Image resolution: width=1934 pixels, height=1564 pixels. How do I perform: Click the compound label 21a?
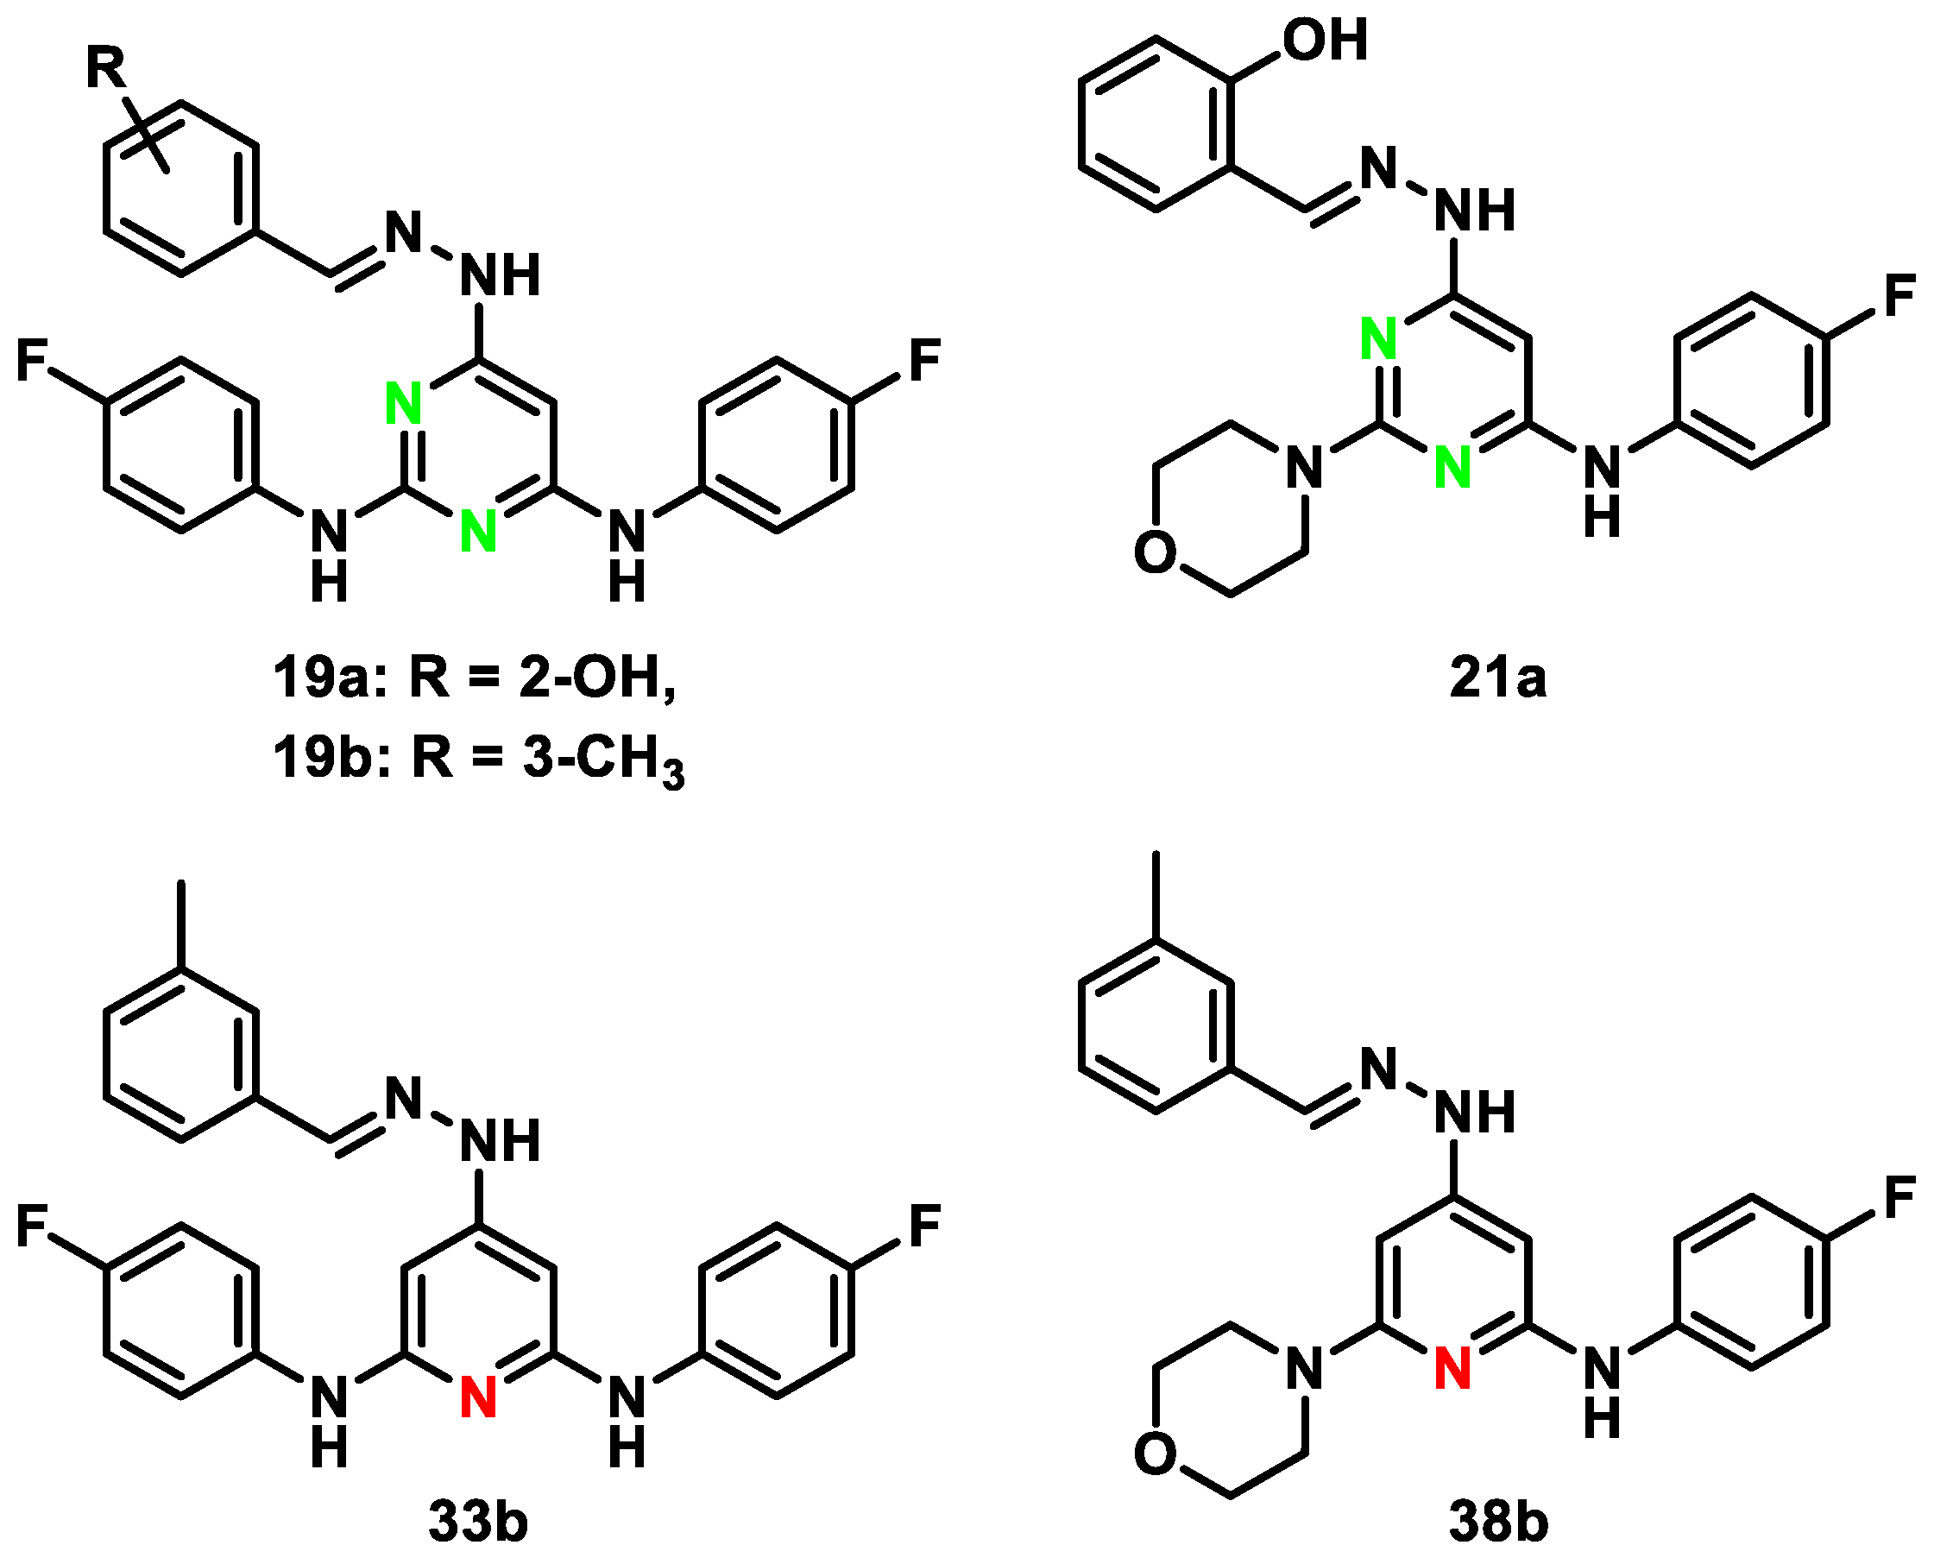point(1497,678)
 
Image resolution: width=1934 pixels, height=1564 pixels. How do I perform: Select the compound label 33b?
point(477,1523)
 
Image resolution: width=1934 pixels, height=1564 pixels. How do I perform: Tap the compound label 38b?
point(1498,1523)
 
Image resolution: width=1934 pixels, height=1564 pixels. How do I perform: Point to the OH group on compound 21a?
point(1325,40)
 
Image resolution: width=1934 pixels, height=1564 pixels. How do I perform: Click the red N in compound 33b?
point(478,1399)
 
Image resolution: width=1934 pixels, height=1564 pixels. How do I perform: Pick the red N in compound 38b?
point(1452,1367)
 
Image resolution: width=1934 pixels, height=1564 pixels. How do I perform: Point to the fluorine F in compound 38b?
point(1899,1199)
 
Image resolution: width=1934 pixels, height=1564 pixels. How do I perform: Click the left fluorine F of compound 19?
point(34,361)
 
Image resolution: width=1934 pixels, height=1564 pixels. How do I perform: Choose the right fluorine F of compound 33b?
point(925,1227)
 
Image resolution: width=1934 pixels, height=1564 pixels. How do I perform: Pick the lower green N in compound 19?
point(478,530)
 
